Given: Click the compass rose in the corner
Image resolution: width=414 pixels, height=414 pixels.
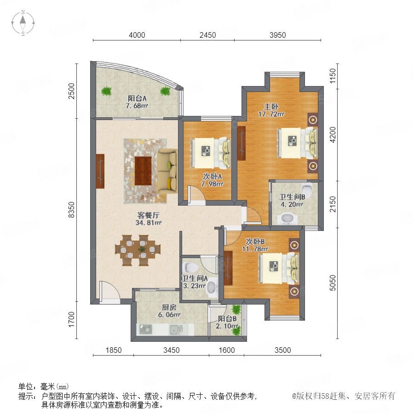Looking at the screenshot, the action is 23,23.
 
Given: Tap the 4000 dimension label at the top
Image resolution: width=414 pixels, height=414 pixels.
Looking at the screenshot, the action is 137,35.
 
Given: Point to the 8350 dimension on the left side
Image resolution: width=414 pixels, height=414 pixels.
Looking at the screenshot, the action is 72,210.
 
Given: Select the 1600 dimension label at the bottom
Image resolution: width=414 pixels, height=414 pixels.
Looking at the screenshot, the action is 226,350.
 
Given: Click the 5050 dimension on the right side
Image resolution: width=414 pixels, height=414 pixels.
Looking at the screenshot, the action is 333,283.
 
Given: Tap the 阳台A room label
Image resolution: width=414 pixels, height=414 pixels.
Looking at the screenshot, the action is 137,98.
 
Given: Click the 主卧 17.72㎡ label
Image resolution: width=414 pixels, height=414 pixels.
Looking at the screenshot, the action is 271,110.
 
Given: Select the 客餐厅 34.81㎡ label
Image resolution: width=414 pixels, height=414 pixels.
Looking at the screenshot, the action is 148,218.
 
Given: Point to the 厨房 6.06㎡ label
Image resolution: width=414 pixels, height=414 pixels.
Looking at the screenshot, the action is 169,311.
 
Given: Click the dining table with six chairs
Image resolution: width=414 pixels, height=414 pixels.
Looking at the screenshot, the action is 138,250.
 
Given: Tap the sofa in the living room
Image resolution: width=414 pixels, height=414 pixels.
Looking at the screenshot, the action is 167,171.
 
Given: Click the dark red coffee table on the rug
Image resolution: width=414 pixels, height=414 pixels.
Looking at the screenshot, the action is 143,171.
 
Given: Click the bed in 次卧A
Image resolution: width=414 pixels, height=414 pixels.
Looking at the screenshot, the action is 210,153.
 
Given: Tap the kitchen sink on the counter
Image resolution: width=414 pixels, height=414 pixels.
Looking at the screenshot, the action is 176,329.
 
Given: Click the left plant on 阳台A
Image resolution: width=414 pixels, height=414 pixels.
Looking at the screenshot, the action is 106,91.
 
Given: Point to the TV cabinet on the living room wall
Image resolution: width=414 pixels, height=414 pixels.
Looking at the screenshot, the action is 100,171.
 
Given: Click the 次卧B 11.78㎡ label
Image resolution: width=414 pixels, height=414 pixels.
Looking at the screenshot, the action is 255,245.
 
